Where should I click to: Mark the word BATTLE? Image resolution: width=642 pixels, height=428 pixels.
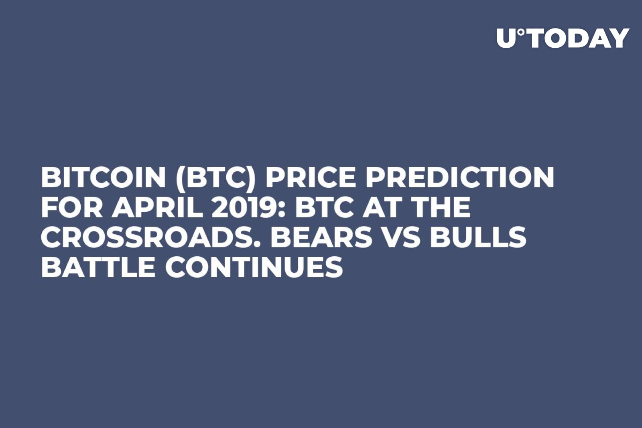[98, 267]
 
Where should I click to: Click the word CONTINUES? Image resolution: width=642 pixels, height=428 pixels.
[254, 267]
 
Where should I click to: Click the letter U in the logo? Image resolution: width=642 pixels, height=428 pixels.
[506, 39]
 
